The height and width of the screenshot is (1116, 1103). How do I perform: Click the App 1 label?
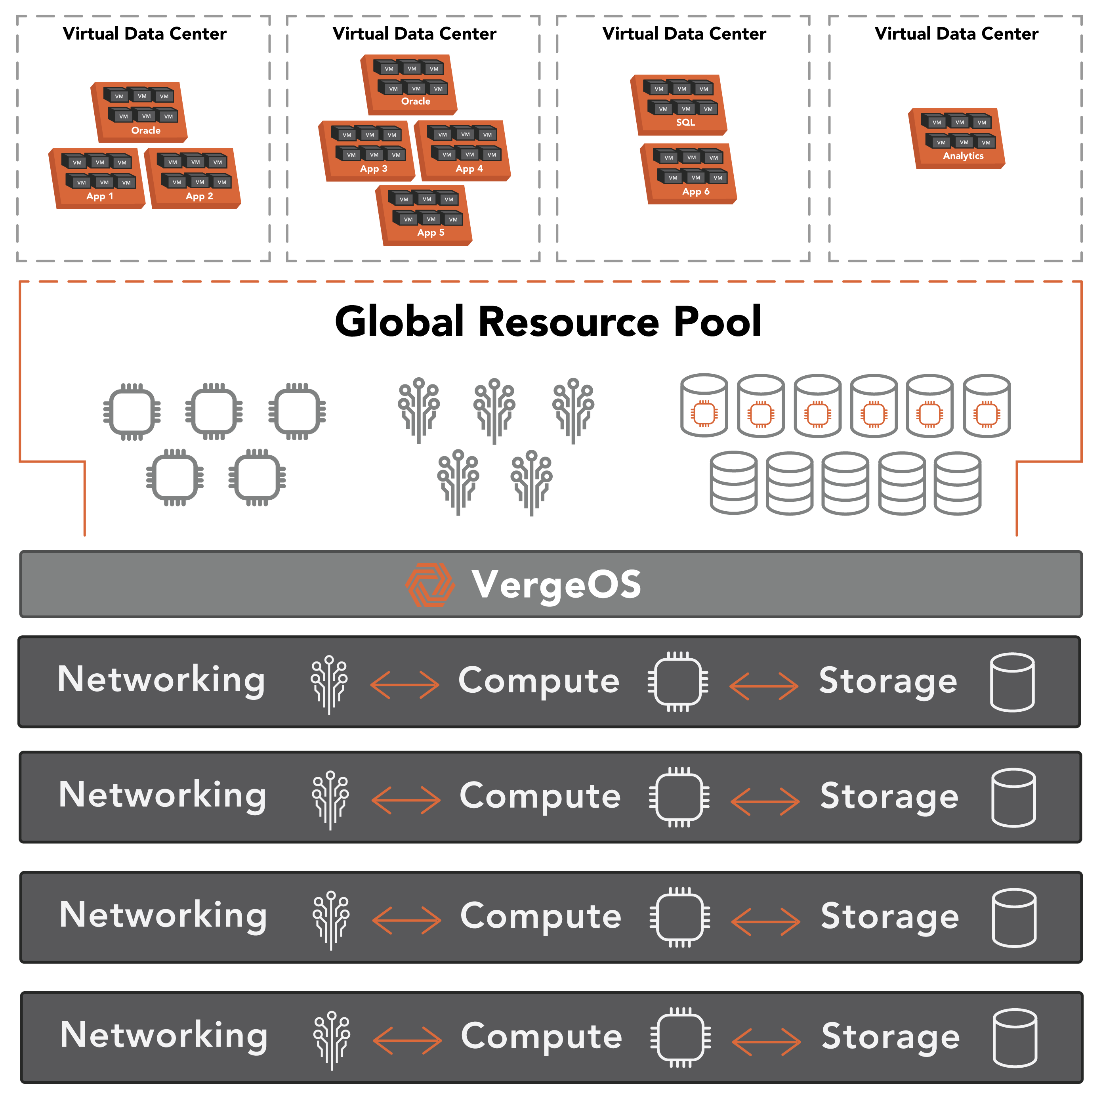pyautogui.click(x=100, y=197)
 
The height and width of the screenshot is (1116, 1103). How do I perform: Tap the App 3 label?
pyautogui.click(x=374, y=169)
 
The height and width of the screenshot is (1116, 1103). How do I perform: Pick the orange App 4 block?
pyautogui.click(x=463, y=151)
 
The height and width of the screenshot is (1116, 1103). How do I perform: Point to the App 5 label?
pyautogui.click(x=431, y=233)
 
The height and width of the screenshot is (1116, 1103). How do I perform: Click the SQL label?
pyautogui.click(x=685, y=122)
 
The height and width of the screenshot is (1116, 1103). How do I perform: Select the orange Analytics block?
pyautogui.click(x=956, y=139)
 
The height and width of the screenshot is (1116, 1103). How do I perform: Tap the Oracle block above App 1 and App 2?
pyautogui.click(x=139, y=112)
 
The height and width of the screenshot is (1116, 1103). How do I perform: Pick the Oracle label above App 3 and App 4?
pyautogui.click(x=416, y=101)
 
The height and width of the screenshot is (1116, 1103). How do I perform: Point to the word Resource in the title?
pyautogui.click(x=569, y=322)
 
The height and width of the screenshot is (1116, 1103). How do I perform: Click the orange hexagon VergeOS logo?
pyautogui.click(x=429, y=585)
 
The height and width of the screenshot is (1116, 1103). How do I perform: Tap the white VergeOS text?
pyautogui.click(x=556, y=585)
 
